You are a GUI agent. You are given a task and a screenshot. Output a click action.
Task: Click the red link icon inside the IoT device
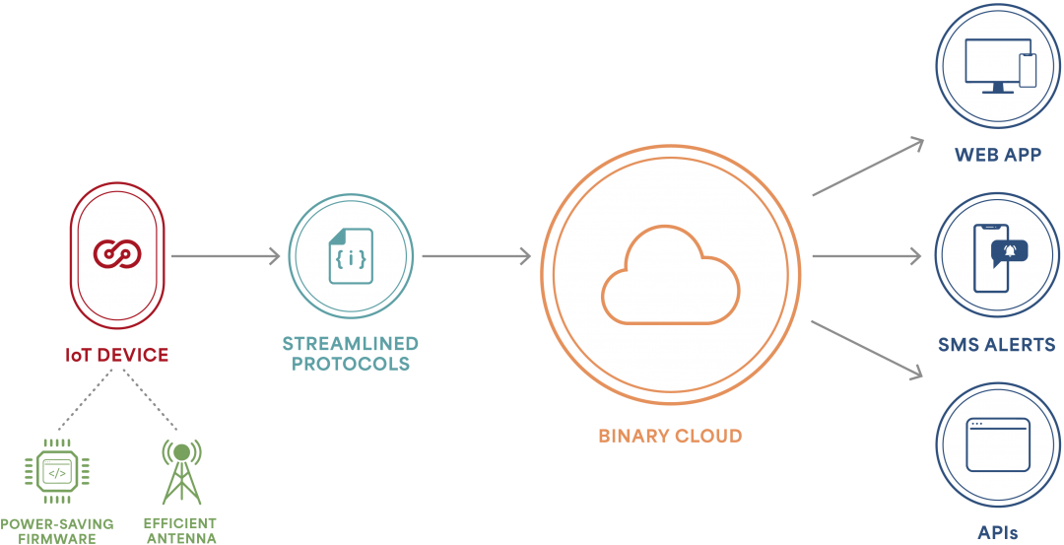tap(117, 253)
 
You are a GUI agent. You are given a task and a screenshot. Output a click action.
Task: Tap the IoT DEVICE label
tap(116, 354)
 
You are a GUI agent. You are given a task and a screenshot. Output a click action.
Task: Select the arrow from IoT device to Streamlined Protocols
tap(225, 256)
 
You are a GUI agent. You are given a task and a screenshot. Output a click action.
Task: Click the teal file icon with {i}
tap(351, 257)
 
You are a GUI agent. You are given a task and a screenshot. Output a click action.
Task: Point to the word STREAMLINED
tap(350, 344)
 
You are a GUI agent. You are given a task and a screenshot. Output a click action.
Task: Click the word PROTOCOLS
tap(351, 364)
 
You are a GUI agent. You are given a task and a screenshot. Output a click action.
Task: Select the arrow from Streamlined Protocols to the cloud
tap(476, 256)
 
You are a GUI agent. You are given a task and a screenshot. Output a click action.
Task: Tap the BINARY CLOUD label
tap(670, 436)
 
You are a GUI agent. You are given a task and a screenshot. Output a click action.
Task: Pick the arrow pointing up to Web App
tap(867, 167)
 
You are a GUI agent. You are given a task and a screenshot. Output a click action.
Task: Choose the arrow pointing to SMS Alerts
tap(867, 256)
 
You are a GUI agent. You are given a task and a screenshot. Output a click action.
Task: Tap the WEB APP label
tap(997, 156)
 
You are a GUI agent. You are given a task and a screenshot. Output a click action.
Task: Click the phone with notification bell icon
tap(998, 256)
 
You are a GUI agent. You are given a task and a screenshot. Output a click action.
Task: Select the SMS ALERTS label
tap(997, 345)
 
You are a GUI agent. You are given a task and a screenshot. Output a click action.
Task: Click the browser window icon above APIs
tap(998, 444)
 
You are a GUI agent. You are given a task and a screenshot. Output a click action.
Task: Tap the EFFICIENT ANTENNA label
tap(180, 531)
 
